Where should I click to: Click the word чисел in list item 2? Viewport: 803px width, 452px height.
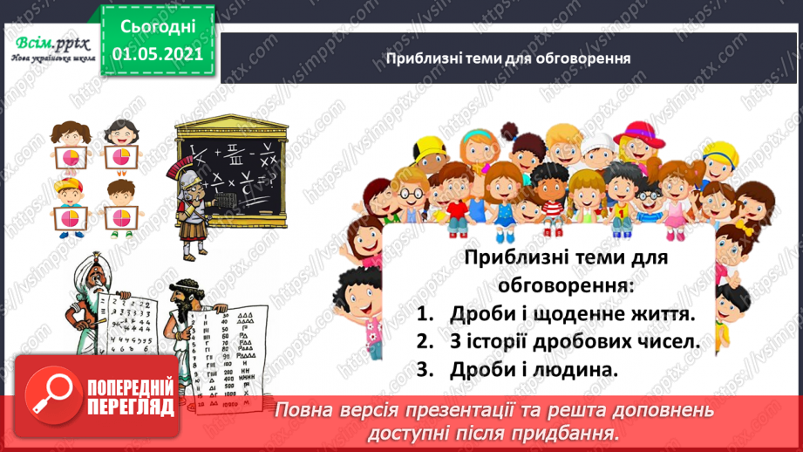665,342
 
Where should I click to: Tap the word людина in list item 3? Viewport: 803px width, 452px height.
577,369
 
